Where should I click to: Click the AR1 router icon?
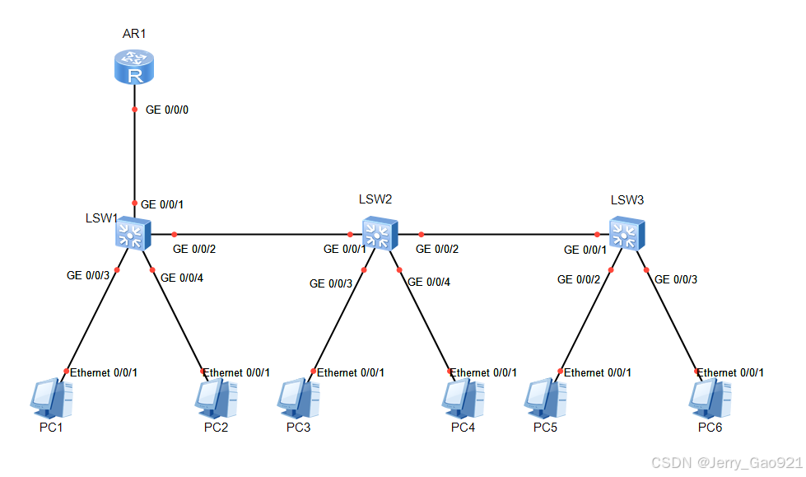coord(133,67)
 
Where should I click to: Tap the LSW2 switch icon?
coord(380,233)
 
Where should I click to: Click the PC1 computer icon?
coord(52,399)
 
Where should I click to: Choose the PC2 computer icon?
coord(216,399)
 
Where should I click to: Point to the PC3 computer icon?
coord(298,399)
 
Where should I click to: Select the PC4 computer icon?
coord(463,399)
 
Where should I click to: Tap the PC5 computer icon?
coord(545,399)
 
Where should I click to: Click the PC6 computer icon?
coord(710,399)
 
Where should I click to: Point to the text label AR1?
coord(133,34)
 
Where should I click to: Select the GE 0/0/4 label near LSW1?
coord(181,278)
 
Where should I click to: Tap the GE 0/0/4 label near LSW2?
coord(429,283)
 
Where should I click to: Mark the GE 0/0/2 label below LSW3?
coord(579,279)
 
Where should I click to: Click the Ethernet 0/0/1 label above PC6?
coord(730,372)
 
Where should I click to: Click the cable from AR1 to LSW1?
coord(133,157)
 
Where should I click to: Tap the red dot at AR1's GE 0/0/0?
coord(133,110)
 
